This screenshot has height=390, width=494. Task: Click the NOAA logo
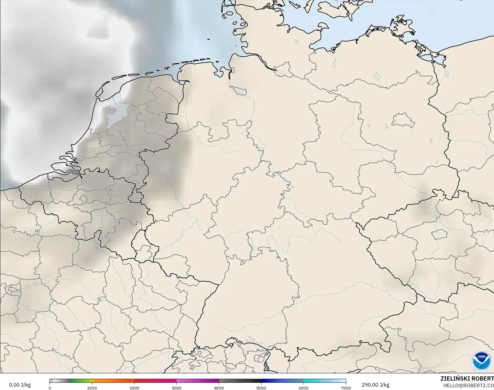pos(482,360)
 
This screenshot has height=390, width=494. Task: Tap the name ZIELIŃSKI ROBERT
pos(467,379)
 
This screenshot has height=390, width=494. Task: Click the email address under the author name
pos(469,385)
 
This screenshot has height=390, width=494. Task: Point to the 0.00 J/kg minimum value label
pos(20,385)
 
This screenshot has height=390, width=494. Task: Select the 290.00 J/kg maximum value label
pos(375,385)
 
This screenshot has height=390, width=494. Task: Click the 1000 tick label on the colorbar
pos(92,388)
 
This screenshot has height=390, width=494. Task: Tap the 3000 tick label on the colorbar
pos(176,388)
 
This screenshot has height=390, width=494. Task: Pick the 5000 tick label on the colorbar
pos(261,388)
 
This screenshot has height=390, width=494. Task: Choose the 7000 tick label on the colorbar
pos(346,388)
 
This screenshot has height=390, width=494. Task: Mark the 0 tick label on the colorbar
pos(50,388)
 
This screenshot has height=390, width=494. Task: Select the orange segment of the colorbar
pos(113,381)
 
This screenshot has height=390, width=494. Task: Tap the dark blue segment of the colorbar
pos(282,381)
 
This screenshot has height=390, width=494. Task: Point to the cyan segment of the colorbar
pos(324,381)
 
